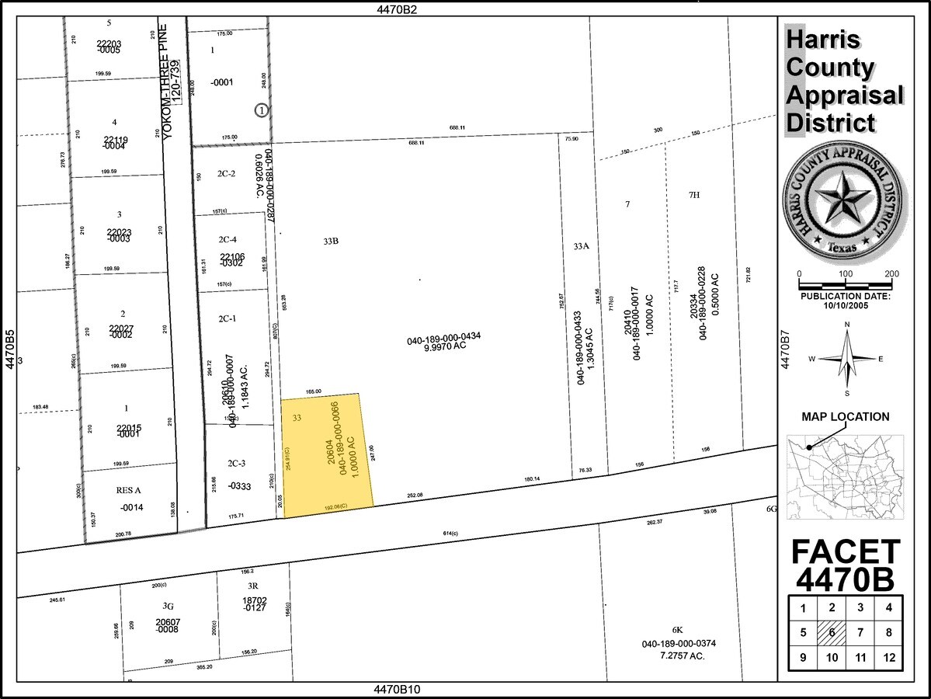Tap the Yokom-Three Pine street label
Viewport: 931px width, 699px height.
pyautogui.click(x=163, y=82)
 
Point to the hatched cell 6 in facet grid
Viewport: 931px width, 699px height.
pyautogui.click(x=831, y=633)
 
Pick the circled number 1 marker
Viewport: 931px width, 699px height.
pyautogui.click(x=262, y=110)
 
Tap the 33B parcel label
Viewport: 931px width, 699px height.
pyautogui.click(x=331, y=242)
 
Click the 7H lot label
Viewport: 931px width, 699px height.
pyautogui.click(x=693, y=195)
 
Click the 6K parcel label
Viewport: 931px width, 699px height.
pyautogui.click(x=677, y=630)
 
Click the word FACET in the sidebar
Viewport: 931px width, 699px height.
pyautogui.click(x=846, y=552)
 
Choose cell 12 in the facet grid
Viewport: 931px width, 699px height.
pyautogui.click(x=889, y=659)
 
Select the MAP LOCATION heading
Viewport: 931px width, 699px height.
pyautogui.click(x=846, y=417)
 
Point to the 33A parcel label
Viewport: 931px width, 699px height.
pyautogui.click(x=582, y=246)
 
